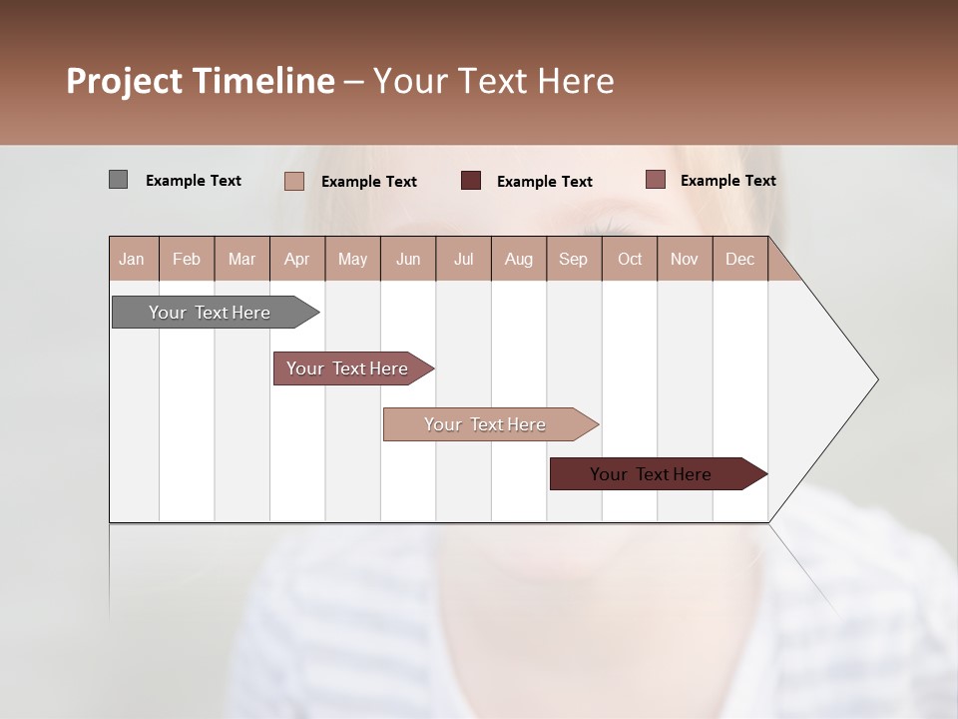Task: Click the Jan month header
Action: (x=133, y=259)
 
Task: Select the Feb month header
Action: (x=187, y=259)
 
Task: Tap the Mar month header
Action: (x=241, y=259)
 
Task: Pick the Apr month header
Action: (x=296, y=259)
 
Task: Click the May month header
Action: (x=352, y=259)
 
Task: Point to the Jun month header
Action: (x=408, y=259)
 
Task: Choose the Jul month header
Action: (x=463, y=259)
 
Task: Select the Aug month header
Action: (x=518, y=259)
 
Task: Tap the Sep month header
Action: (x=573, y=259)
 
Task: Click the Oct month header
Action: (x=630, y=259)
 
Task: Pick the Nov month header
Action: (x=685, y=259)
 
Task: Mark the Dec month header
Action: (x=739, y=259)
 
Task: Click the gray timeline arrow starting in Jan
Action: (x=211, y=313)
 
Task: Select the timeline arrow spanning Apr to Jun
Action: (x=348, y=368)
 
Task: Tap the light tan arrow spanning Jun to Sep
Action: (x=486, y=424)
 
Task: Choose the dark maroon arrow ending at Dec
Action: (x=652, y=474)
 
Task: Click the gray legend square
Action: (x=118, y=180)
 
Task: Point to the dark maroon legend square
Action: (x=471, y=181)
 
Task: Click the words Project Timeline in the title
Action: (x=201, y=81)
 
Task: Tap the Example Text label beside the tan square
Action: (x=369, y=182)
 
